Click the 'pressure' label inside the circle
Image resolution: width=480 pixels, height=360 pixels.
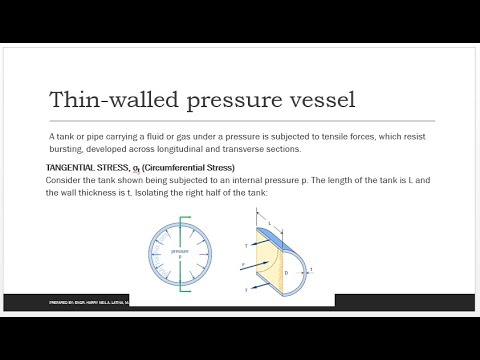179,251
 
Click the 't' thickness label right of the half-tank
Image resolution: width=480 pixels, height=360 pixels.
311,270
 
